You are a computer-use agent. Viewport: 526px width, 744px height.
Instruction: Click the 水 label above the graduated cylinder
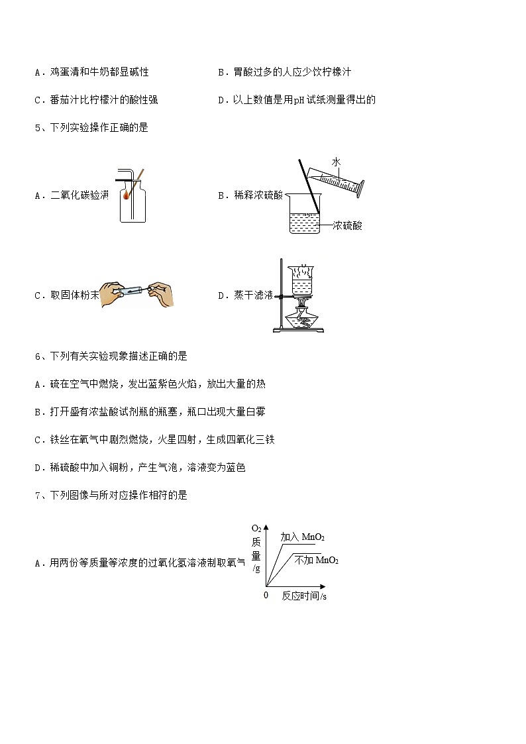point(336,162)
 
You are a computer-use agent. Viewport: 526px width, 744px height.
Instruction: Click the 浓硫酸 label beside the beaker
point(348,226)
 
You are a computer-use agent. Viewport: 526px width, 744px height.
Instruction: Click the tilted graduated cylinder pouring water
point(341,181)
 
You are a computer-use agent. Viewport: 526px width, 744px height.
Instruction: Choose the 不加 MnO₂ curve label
point(316,560)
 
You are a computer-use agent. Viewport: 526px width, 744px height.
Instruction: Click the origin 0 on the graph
point(266,595)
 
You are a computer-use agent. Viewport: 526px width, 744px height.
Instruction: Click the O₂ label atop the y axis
point(256,529)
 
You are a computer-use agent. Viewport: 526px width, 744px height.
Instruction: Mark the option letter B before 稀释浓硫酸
point(221,195)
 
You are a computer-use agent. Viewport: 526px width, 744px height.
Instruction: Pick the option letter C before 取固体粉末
point(38,296)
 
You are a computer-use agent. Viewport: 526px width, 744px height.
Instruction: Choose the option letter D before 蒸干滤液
point(221,296)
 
